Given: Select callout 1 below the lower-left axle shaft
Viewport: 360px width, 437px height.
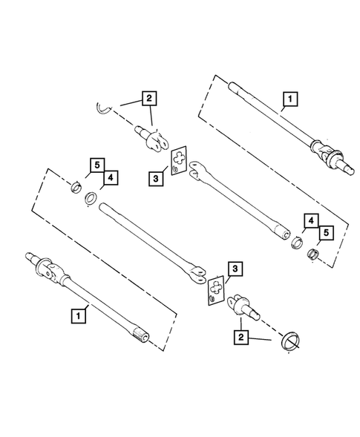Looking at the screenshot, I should [77, 315].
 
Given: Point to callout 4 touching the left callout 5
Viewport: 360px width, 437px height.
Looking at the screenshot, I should [110, 178].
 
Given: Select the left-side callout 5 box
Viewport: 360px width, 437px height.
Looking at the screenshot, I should [96, 164].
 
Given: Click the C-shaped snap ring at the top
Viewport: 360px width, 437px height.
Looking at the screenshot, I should [105, 109].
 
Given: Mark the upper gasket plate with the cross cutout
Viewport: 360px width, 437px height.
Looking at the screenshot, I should [179, 162].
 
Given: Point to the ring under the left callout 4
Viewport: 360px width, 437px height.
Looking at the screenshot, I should [91, 199].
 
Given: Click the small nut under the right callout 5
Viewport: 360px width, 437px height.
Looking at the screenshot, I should [312, 254].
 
